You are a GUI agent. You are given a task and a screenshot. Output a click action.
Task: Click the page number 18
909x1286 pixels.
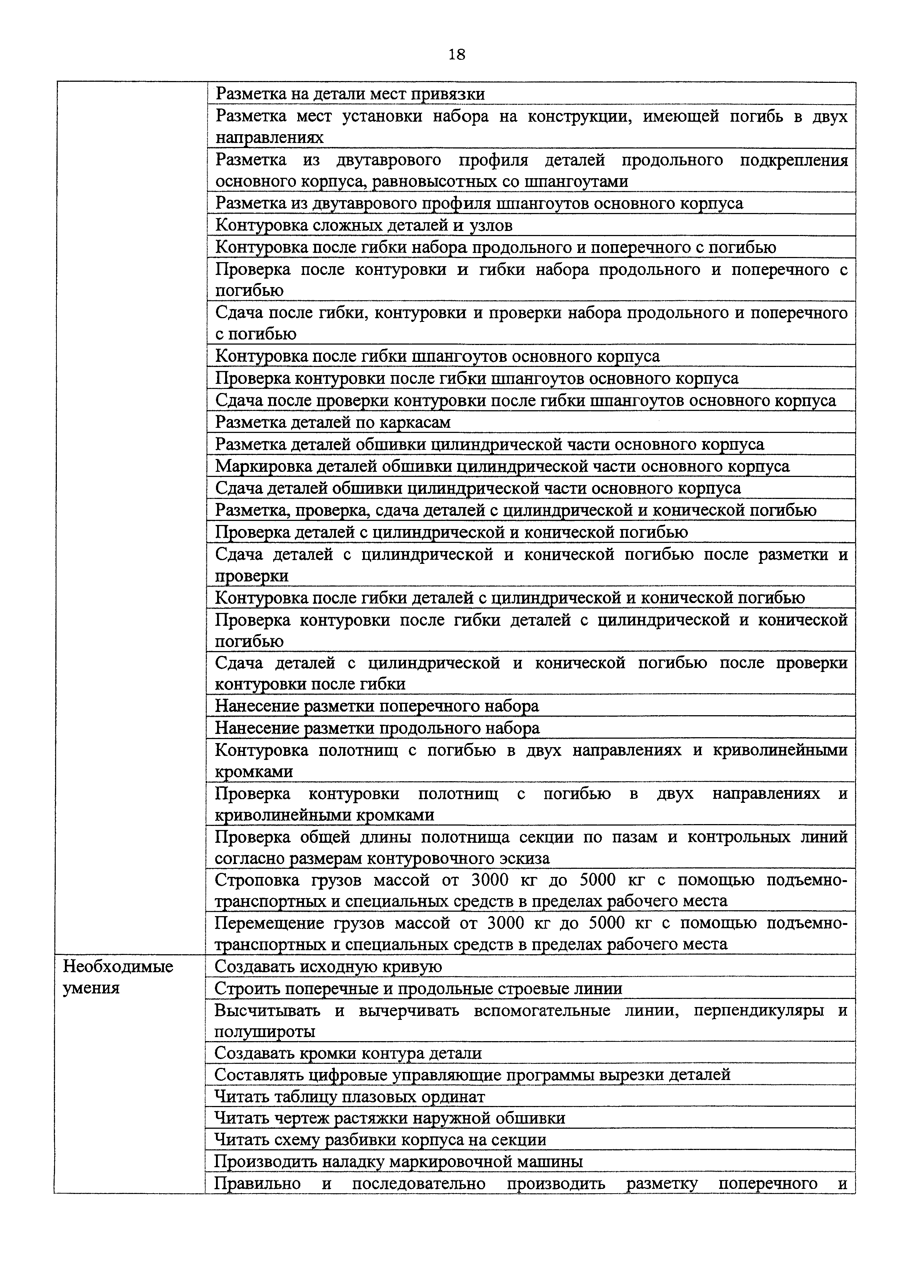coord(457,54)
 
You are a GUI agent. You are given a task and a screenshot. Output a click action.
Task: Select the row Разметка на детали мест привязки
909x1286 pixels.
coord(350,93)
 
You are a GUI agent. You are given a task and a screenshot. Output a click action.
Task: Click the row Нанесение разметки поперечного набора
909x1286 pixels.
coord(377,706)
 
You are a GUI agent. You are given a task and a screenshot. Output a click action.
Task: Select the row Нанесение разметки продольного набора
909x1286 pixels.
coord(377,728)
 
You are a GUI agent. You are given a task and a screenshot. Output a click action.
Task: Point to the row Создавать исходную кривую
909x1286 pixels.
coord(328,967)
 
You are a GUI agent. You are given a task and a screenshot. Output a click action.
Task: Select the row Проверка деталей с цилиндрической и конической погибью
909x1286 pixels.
coord(451,532)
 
